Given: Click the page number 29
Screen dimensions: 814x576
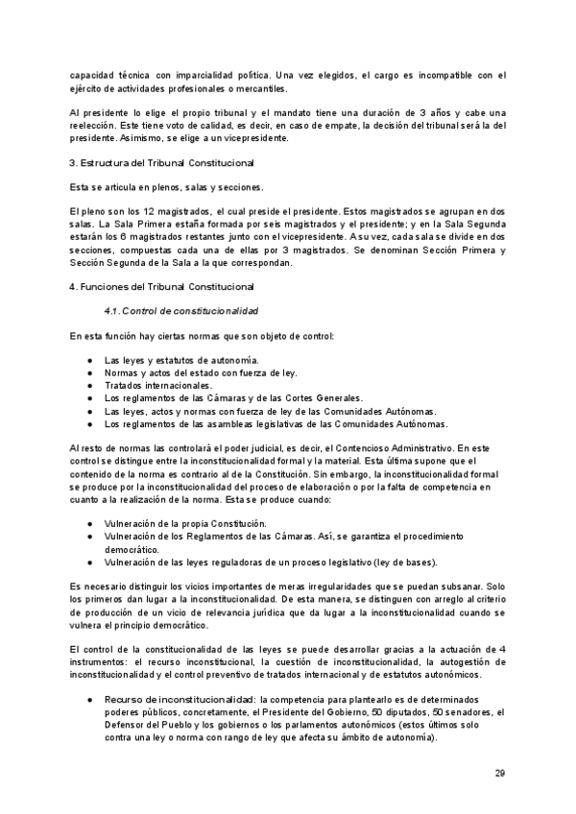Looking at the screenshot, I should (x=499, y=773).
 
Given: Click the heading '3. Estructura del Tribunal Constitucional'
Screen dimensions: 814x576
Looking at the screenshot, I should (x=161, y=162).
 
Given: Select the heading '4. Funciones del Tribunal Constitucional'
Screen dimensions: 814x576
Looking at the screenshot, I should (x=161, y=287).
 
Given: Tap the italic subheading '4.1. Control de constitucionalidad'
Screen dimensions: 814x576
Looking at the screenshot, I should (x=180, y=311).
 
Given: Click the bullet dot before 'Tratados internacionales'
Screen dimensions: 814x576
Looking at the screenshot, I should (x=89, y=385).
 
